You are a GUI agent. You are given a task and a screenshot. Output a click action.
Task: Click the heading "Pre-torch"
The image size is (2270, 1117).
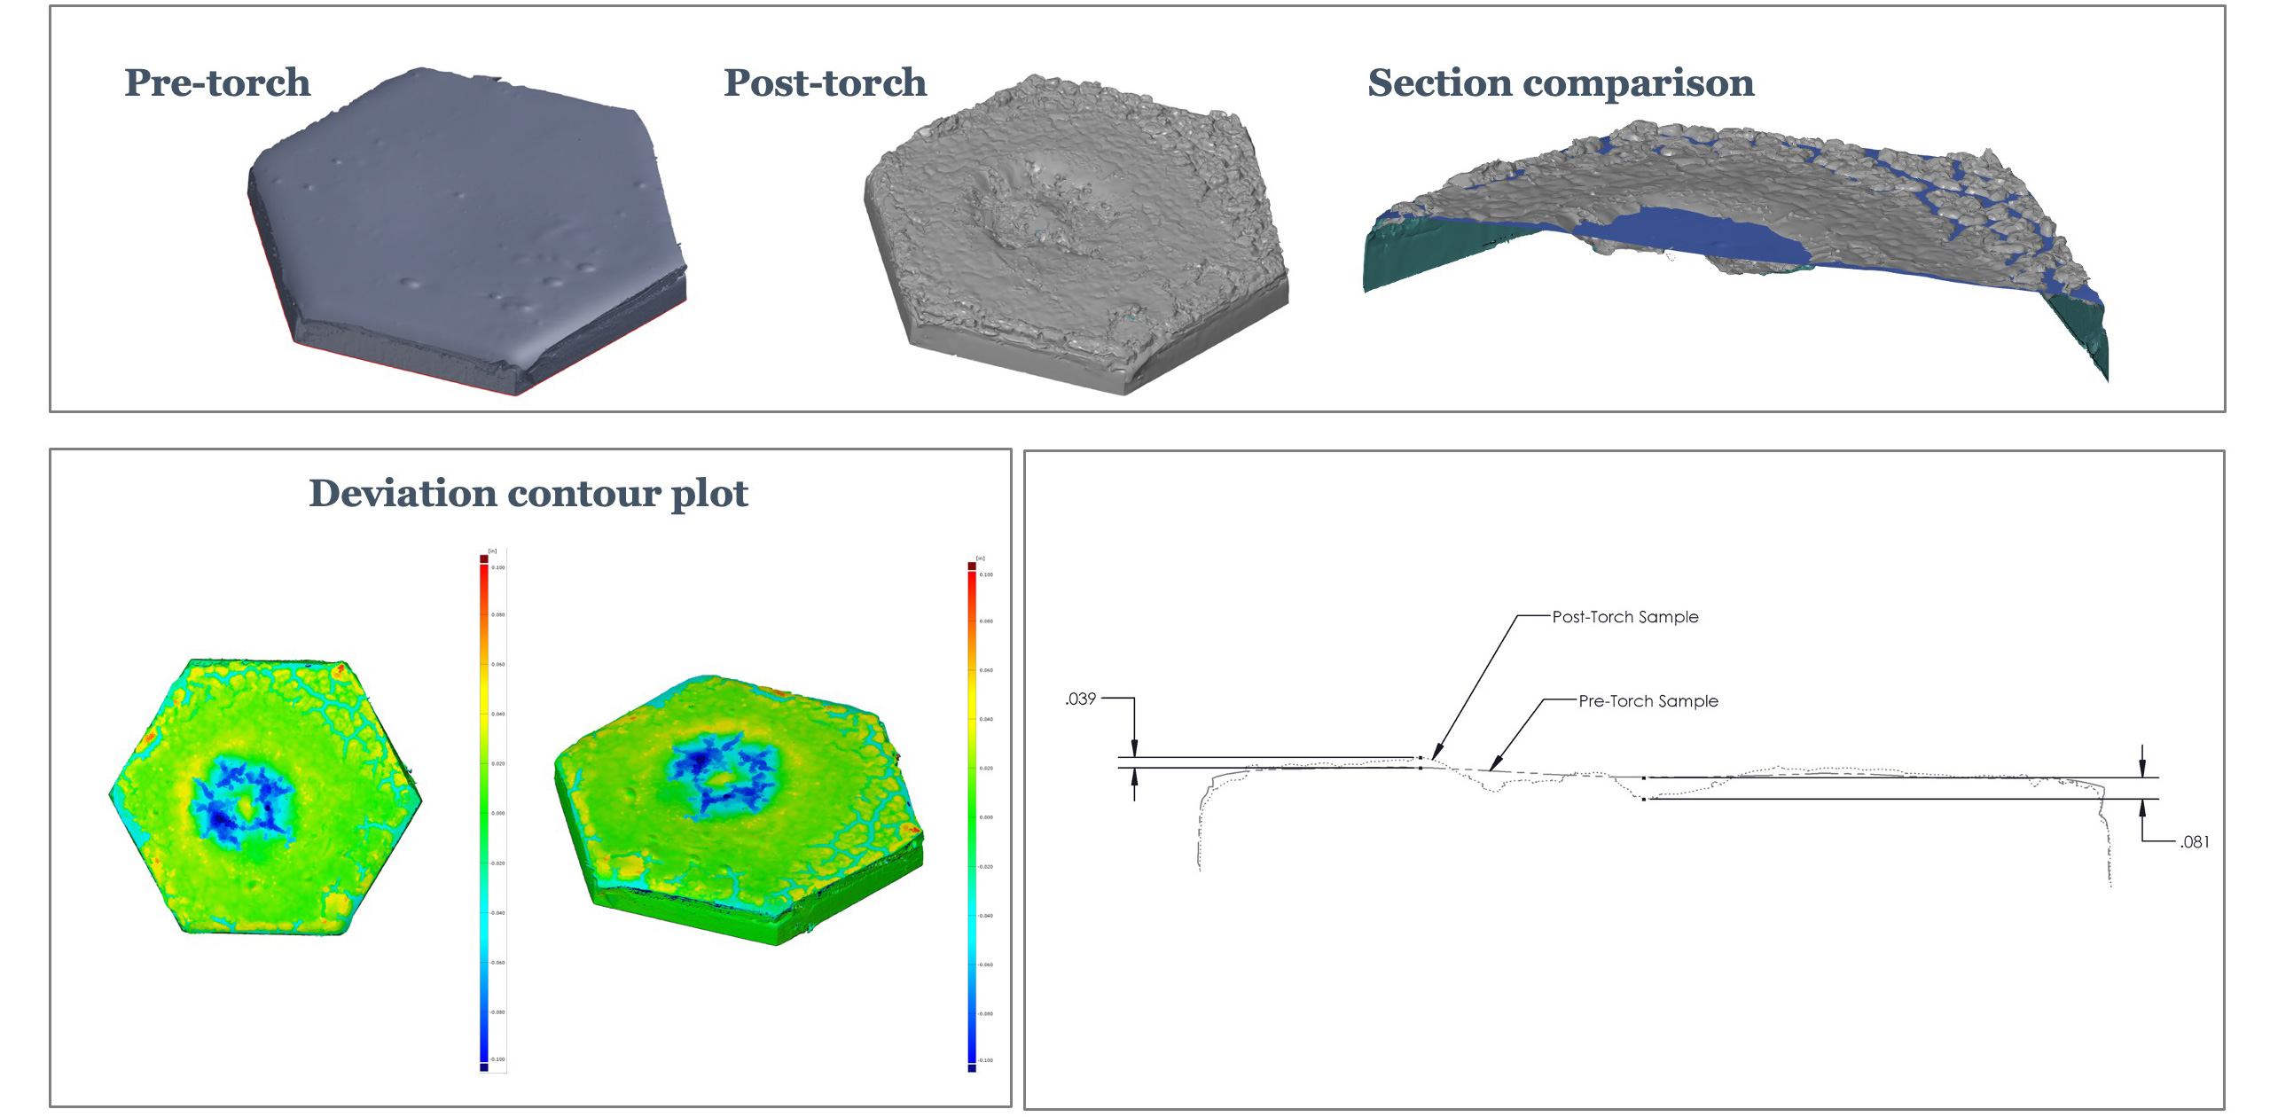(x=217, y=82)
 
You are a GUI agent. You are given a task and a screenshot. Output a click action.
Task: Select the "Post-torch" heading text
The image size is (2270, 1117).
(x=825, y=82)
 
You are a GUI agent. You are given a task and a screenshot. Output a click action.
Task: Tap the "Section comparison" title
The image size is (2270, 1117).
(x=1561, y=82)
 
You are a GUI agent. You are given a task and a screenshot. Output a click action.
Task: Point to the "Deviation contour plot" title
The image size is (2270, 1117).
(x=528, y=493)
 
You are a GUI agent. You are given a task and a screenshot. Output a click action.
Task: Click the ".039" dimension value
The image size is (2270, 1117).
(x=1080, y=699)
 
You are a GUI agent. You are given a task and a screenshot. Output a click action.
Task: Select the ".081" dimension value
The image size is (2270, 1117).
(x=2195, y=841)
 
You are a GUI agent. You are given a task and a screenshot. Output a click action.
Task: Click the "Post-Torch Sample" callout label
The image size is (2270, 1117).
(x=1625, y=617)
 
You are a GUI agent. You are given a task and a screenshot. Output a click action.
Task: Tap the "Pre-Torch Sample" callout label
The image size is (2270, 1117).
(x=1648, y=701)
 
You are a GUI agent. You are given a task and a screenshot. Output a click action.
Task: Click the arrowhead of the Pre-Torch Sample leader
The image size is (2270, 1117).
(x=1491, y=768)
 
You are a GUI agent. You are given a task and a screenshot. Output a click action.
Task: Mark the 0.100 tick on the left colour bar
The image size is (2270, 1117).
(x=498, y=567)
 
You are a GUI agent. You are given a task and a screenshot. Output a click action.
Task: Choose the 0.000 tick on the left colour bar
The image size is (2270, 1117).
(x=498, y=813)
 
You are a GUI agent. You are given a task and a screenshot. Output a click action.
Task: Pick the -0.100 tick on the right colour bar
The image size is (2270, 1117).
(x=986, y=1059)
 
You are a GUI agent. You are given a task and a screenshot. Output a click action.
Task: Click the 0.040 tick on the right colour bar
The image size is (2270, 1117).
(x=986, y=719)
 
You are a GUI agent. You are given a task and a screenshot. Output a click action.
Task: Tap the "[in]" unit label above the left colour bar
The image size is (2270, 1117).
(x=493, y=551)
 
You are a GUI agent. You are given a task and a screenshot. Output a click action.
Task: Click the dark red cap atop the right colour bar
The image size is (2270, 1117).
(x=972, y=566)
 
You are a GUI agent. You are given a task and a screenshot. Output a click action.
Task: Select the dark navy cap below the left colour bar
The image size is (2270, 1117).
(x=484, y=1067)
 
